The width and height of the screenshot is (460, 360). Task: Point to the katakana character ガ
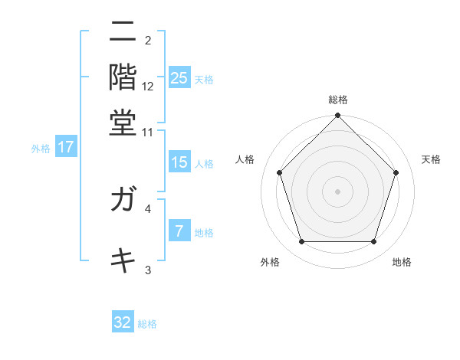123,201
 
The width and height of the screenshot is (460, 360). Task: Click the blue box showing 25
179,78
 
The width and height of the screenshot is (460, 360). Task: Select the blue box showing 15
179,162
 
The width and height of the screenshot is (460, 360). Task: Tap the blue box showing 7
179,231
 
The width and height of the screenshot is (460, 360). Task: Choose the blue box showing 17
66,147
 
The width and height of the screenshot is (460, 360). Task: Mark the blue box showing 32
123,322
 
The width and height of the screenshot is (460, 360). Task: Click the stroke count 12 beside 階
148,87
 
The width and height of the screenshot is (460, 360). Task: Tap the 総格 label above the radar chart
338,100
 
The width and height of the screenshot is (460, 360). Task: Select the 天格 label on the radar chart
432,159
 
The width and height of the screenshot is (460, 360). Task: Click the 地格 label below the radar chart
402,263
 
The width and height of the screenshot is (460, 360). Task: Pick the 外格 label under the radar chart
270,263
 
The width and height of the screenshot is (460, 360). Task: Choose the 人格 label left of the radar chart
245,159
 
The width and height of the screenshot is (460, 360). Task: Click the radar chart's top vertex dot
338,116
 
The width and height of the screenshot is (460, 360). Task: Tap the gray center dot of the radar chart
338,191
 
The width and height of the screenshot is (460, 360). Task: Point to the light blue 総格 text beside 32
147,324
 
